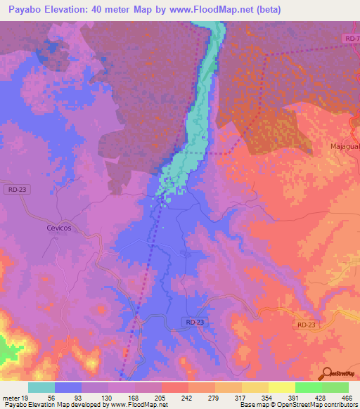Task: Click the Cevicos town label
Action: click(60, 229)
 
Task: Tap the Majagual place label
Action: click(344, 146)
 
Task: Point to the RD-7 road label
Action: click(352, 37)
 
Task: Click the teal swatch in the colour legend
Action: click(41, 387)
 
